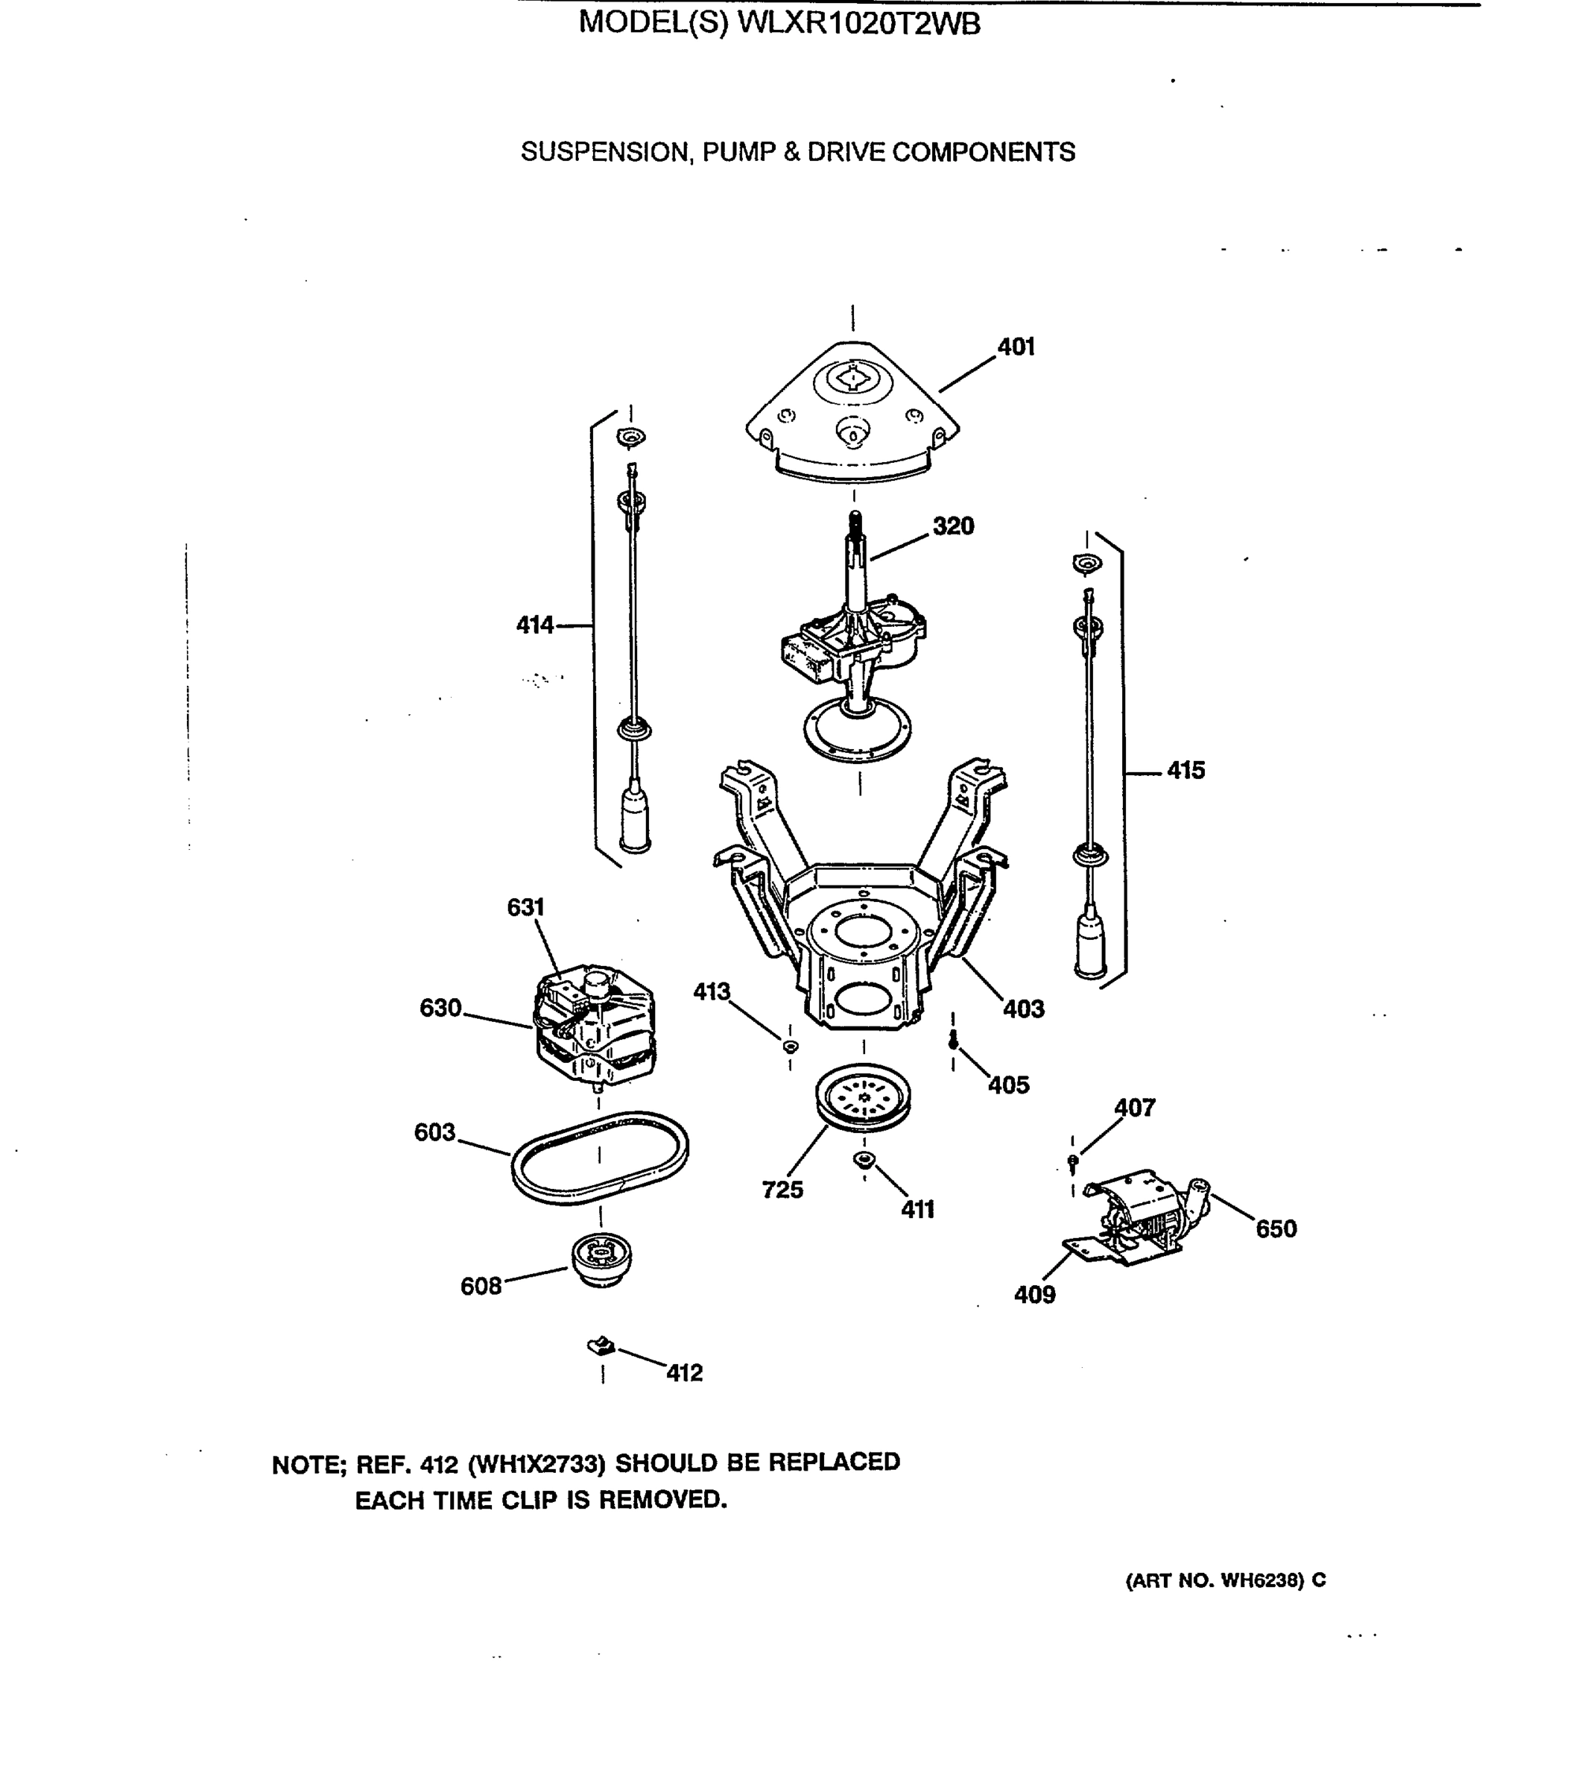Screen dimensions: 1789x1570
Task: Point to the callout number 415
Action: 1185,770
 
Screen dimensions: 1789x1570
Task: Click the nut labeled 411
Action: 863,1160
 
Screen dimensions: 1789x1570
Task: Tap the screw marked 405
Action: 953,1039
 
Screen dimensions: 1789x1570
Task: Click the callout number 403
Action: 1023,1009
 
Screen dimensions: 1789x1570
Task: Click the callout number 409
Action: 1034,1295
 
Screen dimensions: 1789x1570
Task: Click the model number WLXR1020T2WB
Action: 858,24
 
